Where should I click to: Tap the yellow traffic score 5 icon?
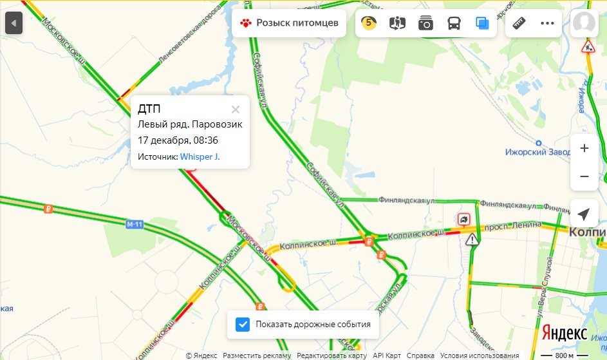[x=369, y=23]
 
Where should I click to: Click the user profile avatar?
[x=584, y=23]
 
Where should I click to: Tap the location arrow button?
[x=584, y=214]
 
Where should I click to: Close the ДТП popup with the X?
[x=236, y=109]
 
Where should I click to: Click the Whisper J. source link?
[x=200, y=156]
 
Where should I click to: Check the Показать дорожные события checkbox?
[x=243, y=324]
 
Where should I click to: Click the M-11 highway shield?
[x=134, y=224]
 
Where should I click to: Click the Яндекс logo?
[x=564, y=333]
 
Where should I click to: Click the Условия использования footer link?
[x=480, y=355]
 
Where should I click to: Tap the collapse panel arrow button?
[x=14, y=24]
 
